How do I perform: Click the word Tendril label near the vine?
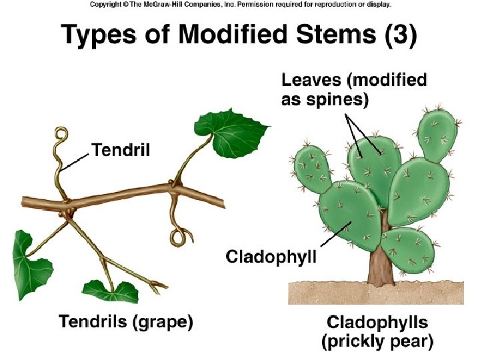121,150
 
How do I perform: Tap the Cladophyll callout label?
271,256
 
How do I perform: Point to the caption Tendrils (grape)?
126,323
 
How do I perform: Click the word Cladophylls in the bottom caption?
377,323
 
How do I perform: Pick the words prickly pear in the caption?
378,343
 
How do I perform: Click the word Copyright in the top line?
105,4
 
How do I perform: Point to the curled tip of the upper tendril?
62,136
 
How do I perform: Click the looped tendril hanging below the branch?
179,235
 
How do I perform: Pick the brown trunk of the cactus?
380,263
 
